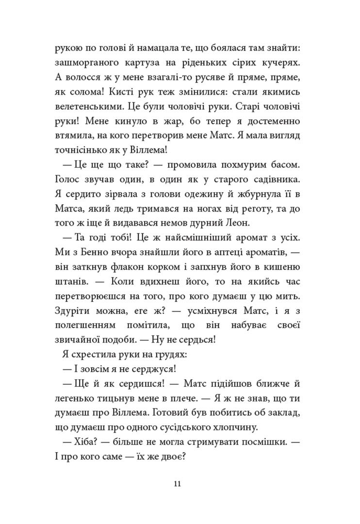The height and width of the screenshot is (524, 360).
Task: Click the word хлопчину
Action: [x=231, y=427]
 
